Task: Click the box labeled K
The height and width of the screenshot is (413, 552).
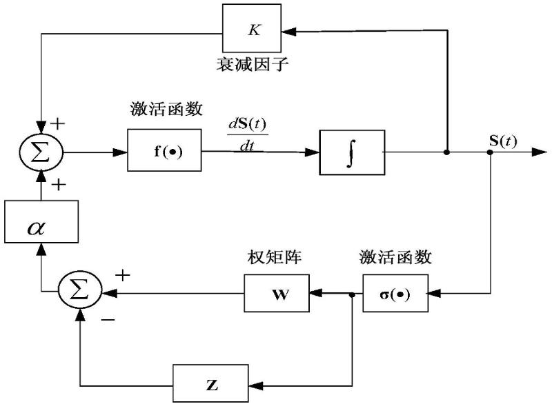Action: (250, 30)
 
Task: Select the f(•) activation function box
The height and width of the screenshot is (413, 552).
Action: (164, 150)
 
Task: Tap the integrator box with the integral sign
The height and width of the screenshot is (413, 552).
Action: (351, 150)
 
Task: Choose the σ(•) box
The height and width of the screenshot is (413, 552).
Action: (395, 293)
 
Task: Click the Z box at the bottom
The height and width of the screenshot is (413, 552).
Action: (211, 385)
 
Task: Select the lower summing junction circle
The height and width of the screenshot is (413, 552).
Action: (80, 292)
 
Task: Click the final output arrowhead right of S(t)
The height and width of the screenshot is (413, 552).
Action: (540, 151)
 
